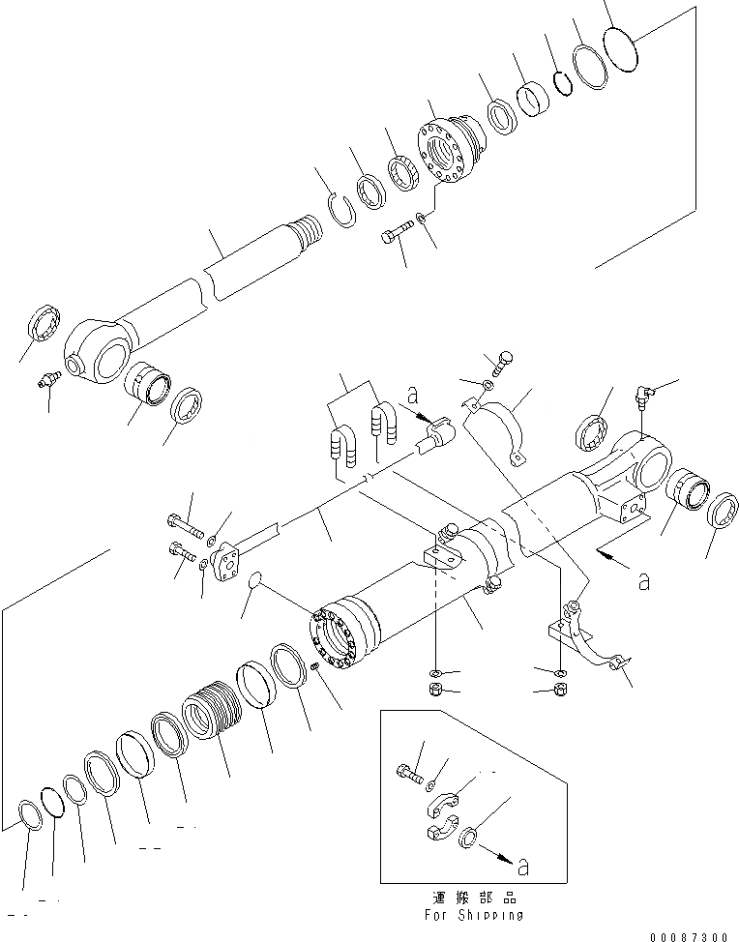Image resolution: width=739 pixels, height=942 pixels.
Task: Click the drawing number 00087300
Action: pos(690,936)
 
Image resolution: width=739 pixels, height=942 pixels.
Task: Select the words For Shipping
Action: pos(474,914)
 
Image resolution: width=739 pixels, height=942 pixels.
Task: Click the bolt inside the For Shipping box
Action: pos(409,772)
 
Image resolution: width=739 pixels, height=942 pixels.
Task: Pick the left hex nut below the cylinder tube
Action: pos(435,689)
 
